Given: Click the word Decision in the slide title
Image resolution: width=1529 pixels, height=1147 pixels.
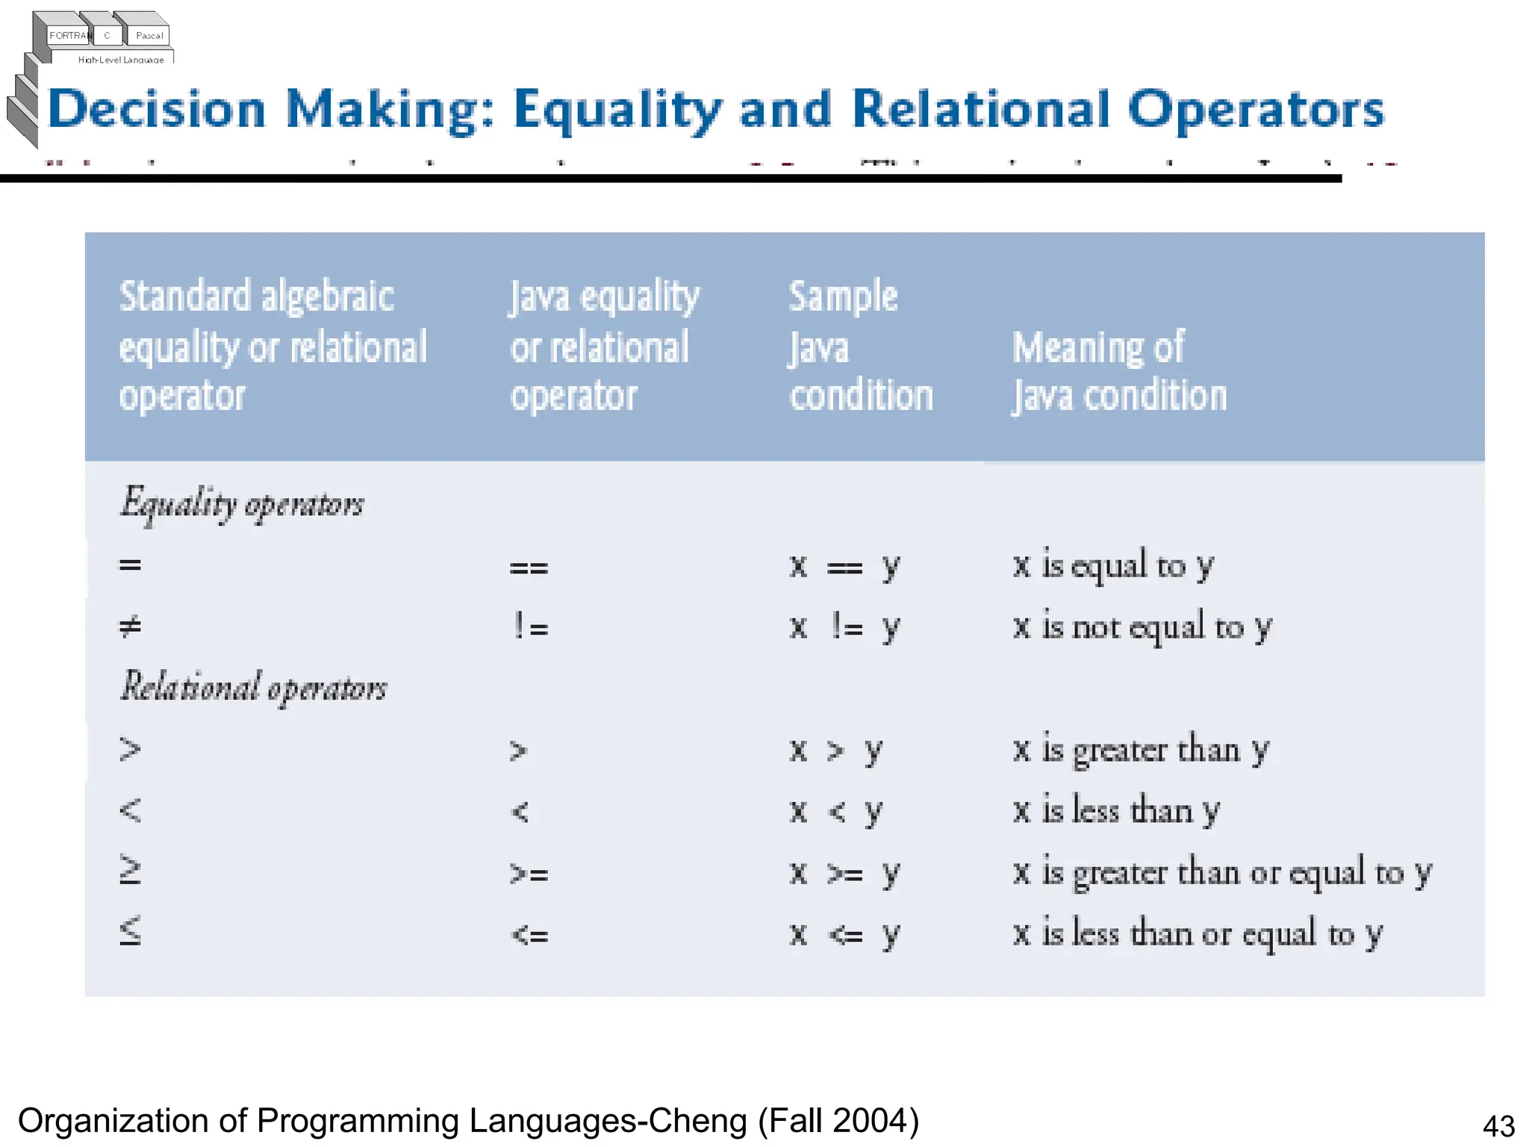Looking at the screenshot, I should [x=157, y=110].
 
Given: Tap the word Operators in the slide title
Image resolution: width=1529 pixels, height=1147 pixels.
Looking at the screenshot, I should [x=1256, y=110].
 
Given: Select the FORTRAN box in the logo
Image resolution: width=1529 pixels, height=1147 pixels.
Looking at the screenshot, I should [x=69, y=35].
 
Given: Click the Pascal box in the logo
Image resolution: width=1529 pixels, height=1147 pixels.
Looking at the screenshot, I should [x=149, y=35].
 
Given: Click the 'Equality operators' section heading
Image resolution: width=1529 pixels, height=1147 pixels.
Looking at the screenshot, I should [x=242, y=504].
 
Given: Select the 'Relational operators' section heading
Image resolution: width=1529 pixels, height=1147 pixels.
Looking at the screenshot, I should [x=254, y=687].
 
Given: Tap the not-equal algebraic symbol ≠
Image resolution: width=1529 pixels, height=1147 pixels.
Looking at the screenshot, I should [x=130, y=627].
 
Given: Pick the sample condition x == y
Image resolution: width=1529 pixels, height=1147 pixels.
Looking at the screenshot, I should [x=845, y=566].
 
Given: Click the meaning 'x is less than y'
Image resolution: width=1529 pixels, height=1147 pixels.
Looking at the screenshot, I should [x=1116, y=810].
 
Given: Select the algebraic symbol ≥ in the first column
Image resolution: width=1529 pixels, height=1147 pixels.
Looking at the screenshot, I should [x=130, y=871].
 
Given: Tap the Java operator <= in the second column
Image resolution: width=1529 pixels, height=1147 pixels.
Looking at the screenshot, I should [x=529, y=933].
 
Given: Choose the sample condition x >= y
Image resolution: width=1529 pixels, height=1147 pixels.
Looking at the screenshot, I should [x=845, y=872].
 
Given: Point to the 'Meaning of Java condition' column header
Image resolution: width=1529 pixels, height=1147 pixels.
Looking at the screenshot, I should [x=1118, y=371].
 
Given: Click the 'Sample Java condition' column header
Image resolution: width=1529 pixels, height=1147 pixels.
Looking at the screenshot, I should [x=860, y=346].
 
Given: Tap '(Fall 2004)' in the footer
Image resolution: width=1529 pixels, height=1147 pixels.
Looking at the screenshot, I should [x=838, y=1121].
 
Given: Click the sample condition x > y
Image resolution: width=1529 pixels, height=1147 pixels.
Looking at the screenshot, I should [x=836, y=750].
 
